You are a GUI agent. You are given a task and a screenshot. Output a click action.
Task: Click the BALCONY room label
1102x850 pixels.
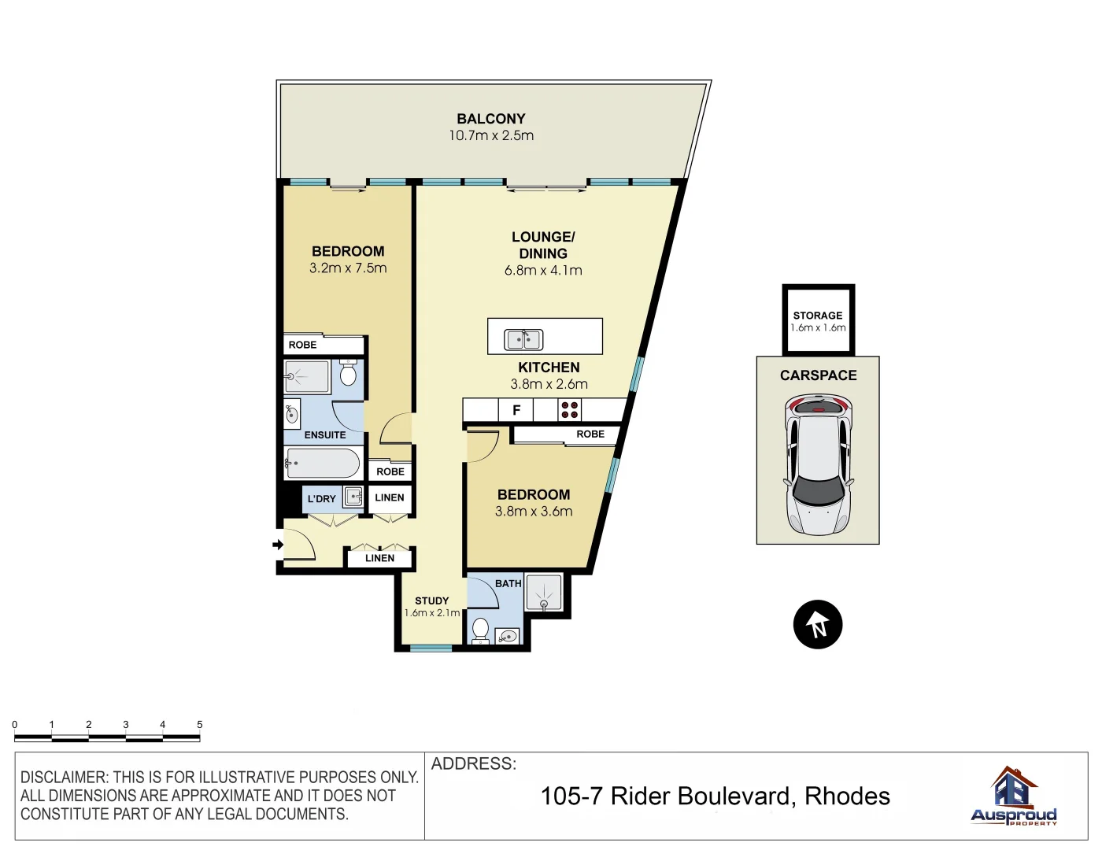click(490, 119)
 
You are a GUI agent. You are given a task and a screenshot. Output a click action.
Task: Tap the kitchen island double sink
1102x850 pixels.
click(523, 339)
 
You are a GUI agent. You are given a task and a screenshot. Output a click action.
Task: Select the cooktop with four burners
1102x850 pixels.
click(569, 410)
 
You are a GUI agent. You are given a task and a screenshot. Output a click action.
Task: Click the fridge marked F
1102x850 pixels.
click(516, 410)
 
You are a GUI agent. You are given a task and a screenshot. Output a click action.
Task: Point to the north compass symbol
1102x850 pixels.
click(818, 625)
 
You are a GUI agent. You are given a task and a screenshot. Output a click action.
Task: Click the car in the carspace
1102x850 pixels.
click(818, 464)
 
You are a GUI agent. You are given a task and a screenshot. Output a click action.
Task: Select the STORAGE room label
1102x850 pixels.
click(818, 315)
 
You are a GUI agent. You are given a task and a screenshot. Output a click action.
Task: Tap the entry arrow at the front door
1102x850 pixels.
click(277, 545)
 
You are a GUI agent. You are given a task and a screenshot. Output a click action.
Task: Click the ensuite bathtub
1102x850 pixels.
click(323, 464)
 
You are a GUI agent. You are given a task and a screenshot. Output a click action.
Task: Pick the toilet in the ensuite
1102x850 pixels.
click(348, 373)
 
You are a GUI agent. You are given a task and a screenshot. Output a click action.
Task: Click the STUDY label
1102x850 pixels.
click(431, 601)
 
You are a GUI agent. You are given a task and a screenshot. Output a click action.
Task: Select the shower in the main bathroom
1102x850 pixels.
click(544, 593)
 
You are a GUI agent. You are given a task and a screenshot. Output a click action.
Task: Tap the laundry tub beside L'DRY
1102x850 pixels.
click(353, 497)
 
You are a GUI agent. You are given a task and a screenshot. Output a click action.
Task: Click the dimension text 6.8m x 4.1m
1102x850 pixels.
click(543, 271)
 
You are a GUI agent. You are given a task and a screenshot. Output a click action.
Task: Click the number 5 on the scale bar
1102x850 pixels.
click(199, 724)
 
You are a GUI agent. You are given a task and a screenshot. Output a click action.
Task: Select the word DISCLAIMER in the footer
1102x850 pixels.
click(65, 778)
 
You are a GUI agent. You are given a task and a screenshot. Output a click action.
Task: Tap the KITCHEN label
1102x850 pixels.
click(549, 368)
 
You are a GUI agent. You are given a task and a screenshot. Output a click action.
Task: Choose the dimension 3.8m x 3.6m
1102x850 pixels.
click(534, 512)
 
